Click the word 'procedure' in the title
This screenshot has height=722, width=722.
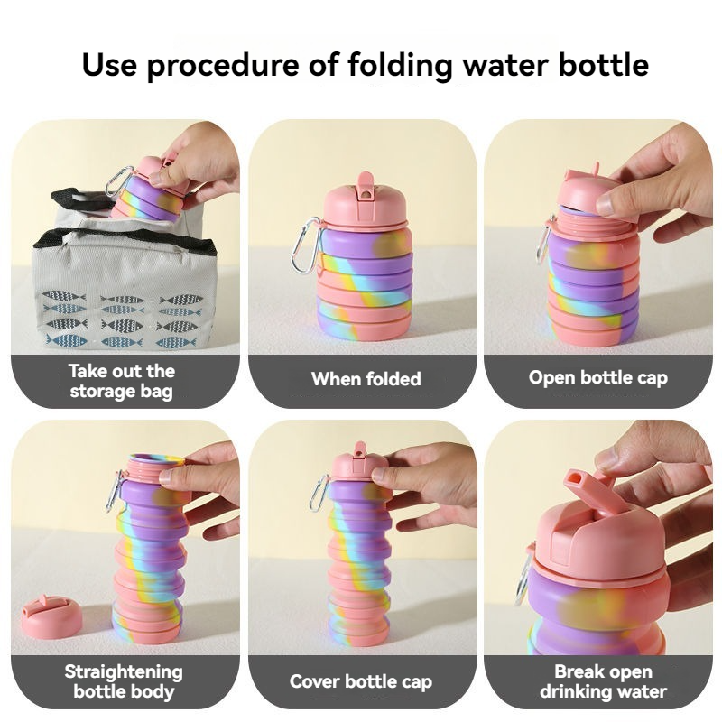223,64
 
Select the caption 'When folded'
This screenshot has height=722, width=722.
366,379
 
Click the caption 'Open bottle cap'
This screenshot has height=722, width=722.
597,378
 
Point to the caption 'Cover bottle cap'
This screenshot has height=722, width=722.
361,681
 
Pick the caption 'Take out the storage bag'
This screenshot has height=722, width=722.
122,381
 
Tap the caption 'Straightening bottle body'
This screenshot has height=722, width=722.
124,681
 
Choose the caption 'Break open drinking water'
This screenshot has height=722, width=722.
603,681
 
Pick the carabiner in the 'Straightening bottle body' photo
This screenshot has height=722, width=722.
114,491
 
